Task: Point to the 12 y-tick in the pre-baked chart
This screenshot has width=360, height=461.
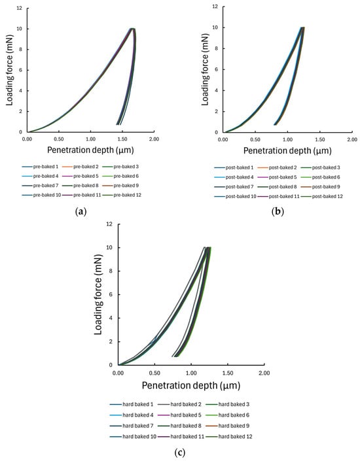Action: (x=20, y=9)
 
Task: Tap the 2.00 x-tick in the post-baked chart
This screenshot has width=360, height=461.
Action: (x=351, y=139)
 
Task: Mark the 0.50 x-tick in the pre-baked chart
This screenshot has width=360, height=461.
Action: (x=59, y=139)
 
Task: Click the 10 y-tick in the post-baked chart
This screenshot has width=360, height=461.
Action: (x=217, y=29)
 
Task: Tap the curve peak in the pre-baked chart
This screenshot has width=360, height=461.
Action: (x=132, y=29)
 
